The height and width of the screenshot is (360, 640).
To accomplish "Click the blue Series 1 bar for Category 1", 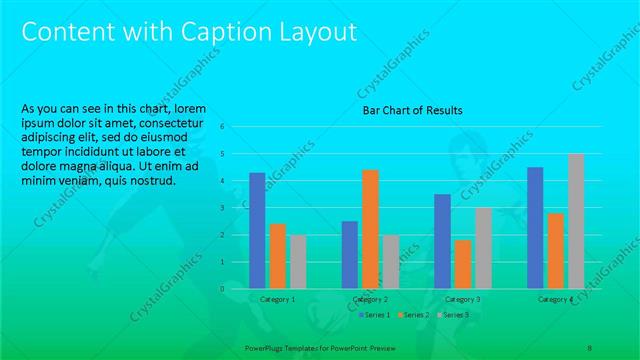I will click(x=257, y=230).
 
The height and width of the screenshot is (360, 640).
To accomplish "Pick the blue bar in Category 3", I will click(x=442, y=240).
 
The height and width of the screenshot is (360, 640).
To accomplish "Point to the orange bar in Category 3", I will click(x=462, y=263).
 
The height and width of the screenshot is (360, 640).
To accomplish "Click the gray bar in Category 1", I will click(x=298, y=261).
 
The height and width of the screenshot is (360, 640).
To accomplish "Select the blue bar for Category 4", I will click(x=535, y=227).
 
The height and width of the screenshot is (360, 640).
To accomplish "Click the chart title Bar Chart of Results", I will click(x=412, y=110).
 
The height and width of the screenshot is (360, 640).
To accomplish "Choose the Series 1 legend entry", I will click(x=375, y=315).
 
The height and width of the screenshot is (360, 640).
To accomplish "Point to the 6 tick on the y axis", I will click(x=237, y=127).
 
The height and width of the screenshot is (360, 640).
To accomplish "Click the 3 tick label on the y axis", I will click(x=237, y=208).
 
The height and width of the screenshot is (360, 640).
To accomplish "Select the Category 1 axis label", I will click(x=277, y=299).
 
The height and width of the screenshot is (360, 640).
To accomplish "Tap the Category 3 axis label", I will click(x=462, y=299).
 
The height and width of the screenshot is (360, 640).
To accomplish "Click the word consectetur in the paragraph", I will click(x=177, y=123).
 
